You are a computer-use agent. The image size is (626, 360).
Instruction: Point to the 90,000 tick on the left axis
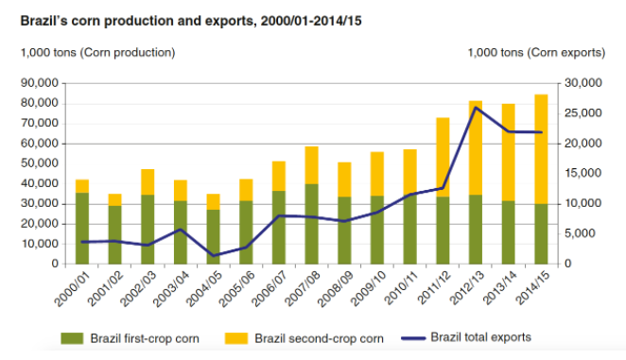[37, 83]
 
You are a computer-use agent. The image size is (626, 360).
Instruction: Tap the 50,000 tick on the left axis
[37, 163]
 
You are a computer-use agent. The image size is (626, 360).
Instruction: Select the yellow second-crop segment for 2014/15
[541, 148]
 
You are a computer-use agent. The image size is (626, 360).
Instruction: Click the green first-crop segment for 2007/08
[311, 223]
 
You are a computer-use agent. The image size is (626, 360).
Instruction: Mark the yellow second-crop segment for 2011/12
[443, 157]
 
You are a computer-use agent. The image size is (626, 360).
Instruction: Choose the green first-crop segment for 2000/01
[82, 228]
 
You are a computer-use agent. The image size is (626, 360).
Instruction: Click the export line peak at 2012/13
[475, 108]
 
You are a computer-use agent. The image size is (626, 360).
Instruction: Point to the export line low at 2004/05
[214, 255]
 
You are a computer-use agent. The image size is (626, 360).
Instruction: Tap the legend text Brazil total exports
[480, 337]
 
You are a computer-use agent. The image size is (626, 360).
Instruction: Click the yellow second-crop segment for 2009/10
[376, 174]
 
